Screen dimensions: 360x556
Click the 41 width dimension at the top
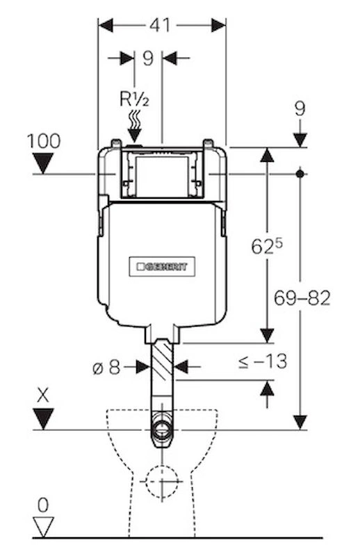pyautogui.click(x=160, y=26)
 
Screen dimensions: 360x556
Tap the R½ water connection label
pyautogui.click(x=134, y=99)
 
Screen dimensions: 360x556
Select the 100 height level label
pyautogui.click(x=44, y=141)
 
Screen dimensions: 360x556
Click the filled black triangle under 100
pyautogui.click(x=43, y=163)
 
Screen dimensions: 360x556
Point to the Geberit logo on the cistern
pyautogui.click(x=162, y=266)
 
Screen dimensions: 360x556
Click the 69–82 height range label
pyautogui.click(x=302, y=298)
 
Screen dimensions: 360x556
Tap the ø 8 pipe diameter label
pyautogui.click(x=107, y=368)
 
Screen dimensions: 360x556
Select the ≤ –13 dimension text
pyautogui.click(x=263, y=362)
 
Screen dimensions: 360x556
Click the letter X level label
pyautogui.click(x=43, y=395)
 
